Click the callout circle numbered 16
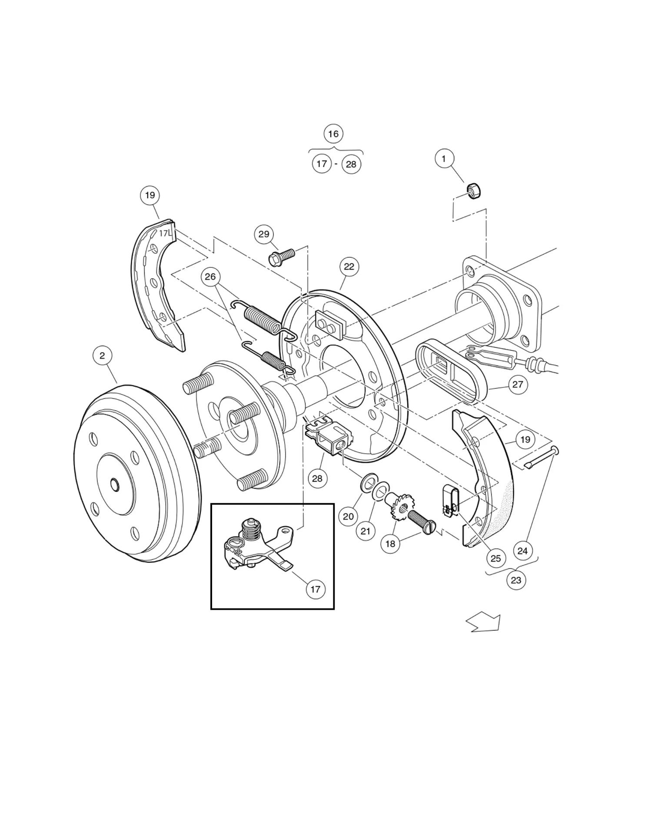click(x=333, y=134)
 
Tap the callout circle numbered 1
click(x=444, y=159)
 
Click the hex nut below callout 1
click(x=473, y=191)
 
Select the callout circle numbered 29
click(x=264, y=234)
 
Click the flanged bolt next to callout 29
click(x=282, y=257)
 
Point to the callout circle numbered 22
click(x=349, y=267)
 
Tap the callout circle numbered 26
click(x=210, y=277)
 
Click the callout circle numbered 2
click(x=102, y=356)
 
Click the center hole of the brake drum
click(x=115, y=484)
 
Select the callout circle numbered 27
click(x=517, y=384)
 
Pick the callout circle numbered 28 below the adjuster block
click(x=317, y=478)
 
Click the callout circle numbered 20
click(x=348, y=516)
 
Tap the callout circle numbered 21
click(x=366, y=531)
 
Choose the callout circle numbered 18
click(x=390, y=544)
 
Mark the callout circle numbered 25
click(x=495, y=558)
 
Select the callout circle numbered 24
click(x=522, y=551)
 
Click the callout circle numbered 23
click(x=516, y=580)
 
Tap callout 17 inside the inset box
click(x=315, y=589)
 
